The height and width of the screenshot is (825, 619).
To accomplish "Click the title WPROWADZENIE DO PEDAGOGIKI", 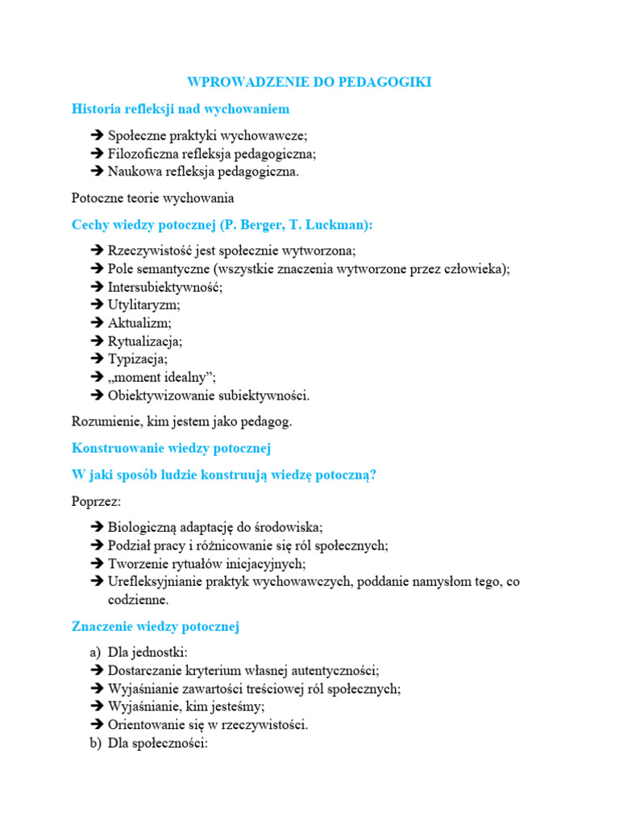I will click(309, 82).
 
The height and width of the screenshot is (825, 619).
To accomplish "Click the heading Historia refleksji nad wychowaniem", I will click(181, 109).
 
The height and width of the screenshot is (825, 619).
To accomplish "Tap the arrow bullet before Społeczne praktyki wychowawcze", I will click(98, 135).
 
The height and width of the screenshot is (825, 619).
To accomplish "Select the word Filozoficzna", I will click(145, 153).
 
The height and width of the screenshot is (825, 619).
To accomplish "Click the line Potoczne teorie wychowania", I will click(153, 197).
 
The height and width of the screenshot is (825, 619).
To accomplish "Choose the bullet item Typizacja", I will click(138, 359).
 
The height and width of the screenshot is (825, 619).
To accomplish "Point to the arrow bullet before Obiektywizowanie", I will click(98, 396).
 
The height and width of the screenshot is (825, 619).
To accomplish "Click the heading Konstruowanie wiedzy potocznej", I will click(172, 447).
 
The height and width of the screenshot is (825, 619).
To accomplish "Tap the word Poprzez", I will click(96, 501).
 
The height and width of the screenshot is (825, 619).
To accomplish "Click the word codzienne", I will click(138, 600).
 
